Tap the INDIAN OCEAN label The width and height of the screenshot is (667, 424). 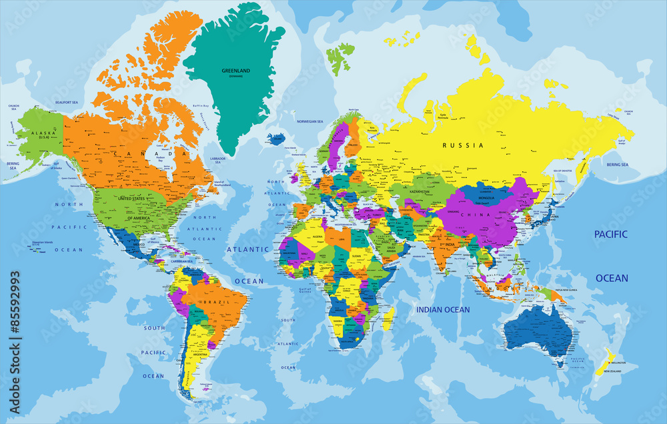443,310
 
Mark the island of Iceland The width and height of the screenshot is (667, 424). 276,139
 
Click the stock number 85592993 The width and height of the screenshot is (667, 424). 15,313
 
